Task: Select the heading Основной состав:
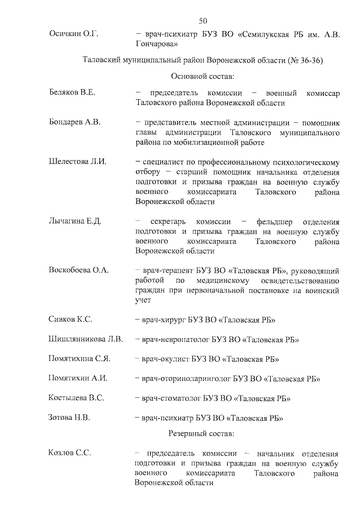[202, 76]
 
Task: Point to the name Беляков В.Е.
[72, 93]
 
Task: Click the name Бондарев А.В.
[74, 122]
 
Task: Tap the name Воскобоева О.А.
[78, 270]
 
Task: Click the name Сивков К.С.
[71, 320]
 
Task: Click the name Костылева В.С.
[77, 398]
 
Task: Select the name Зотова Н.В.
[69, 418]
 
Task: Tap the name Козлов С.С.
[70, 453]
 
